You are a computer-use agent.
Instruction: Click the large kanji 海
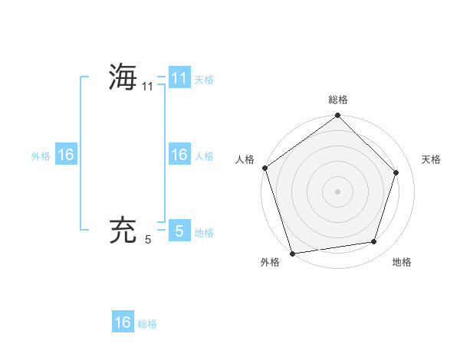click(x=123, y=77)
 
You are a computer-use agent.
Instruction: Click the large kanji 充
click(x=123, y=231)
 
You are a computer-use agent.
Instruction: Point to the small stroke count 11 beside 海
click(x=148, y=87)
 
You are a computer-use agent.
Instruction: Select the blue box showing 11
click(x=179, y=77)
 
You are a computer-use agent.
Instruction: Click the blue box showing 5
click(x=179, y=231)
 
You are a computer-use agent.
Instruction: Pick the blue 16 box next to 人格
click(x=179, y=155)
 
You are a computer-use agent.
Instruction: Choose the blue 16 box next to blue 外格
click(x=66, y=155)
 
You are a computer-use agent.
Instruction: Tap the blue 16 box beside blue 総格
click(x=123, y=322)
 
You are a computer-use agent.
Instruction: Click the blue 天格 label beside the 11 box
click(x=204, y=79)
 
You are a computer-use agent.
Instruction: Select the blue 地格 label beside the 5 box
click(x=204, y=232)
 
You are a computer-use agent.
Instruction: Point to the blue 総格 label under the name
click(x=147, y=324)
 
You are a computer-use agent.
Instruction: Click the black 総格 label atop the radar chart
click(x=338, y=100)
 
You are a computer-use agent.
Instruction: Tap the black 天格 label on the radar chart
click(x=432, y=159)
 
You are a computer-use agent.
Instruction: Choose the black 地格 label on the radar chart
click(x=402, y=262)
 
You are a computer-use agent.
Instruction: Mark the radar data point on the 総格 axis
click(x=338, y=116)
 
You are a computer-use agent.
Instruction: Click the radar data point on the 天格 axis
click(x=396, y=172)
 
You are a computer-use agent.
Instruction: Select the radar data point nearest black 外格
click(x=293, y=253)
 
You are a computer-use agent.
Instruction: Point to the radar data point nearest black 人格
click(x=264, y=168)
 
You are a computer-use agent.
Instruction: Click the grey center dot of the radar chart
click(x=338, y=191)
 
